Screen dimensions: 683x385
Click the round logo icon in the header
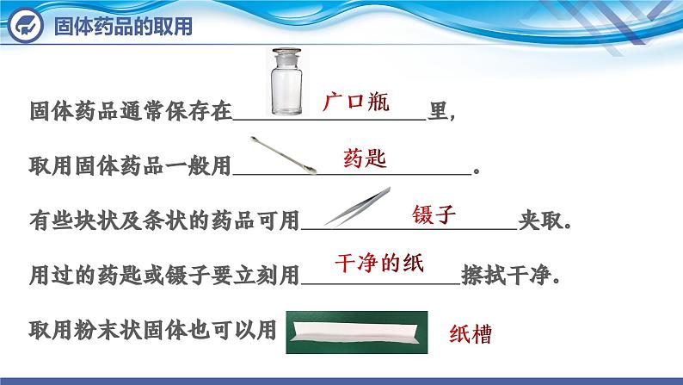tap(26, 26)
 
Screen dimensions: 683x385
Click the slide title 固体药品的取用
tap(123, 26)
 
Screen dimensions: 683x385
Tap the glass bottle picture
tap(286, 82)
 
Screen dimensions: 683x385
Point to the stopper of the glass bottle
tap(286, 55)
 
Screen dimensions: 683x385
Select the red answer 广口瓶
tap(356, 102)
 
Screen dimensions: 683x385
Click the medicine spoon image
tap(283, 155)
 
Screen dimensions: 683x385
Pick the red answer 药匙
tap(365, 158)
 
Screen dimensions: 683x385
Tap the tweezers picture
tap(358, 207)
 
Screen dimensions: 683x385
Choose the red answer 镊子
tap(434, 214)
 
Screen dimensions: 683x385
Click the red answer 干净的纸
tap(379, 264)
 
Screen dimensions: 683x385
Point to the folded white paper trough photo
tap(357, 332)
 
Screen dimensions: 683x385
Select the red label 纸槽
tap(471, 334)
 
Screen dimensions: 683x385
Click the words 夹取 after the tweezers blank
tap(540, 220)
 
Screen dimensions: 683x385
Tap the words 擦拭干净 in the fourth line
tap(506, 276)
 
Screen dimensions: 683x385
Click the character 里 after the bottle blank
tap(438, 111)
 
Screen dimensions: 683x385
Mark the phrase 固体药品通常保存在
tap(131, 111)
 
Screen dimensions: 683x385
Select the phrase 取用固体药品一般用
tap(130, 165)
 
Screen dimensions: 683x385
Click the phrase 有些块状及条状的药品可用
tap(164, 220)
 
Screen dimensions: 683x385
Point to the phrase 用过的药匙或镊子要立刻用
tap(164, 276)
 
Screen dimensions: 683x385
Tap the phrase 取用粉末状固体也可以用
tap(153, 330)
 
